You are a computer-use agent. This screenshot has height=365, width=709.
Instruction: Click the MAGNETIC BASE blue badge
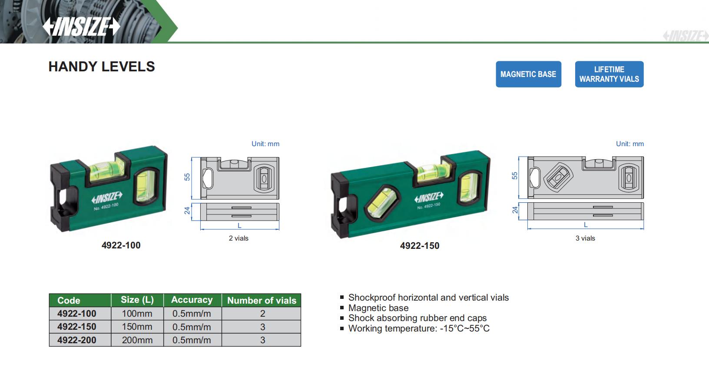[x=528, y=74]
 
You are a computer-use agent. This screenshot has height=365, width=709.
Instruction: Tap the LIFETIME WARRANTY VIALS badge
[x=609, y=74]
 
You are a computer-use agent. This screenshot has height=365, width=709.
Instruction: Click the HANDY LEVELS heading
[x=102, y=67]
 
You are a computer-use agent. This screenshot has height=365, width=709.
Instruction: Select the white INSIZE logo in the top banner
[x=81, y=27]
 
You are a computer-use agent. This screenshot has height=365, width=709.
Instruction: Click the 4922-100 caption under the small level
[x=121, y=245]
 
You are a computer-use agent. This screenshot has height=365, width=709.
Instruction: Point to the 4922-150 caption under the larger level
[x=419, y=246]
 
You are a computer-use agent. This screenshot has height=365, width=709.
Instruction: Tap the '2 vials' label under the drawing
[x=239, y=238]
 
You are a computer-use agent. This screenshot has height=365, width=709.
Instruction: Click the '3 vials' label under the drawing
[x=585, y=238]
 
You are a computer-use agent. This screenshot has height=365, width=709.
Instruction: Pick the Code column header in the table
[x=69, y=300]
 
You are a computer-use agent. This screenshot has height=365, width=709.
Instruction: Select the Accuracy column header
[x=192, y=300]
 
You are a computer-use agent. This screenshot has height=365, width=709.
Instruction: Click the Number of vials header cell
[x=262, y=300]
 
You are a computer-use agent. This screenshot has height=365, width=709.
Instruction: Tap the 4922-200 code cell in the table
[x=77, y=340]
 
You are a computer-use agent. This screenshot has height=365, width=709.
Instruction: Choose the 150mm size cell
[x=137, y=327]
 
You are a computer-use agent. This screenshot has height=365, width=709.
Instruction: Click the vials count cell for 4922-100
[x=262, y=314]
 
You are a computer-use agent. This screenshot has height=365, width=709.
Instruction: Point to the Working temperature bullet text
[x=419, y=328]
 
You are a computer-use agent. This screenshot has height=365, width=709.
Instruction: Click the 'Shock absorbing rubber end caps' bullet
[x=417, y=318]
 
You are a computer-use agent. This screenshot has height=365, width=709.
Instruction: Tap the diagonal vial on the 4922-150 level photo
[x=381, y=201]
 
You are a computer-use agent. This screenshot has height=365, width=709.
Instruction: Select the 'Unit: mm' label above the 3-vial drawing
[x=629, y=144]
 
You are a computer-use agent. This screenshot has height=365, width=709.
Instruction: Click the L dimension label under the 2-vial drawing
[x=239, y=225]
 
